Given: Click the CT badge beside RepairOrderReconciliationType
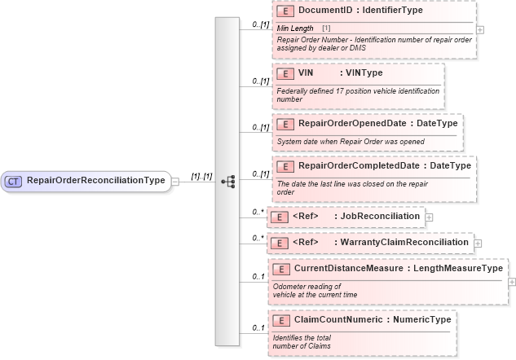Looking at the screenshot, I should (x=14, y=181).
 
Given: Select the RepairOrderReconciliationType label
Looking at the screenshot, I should (x=95, y=181).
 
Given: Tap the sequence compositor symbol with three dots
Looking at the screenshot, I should (x=228, y=181).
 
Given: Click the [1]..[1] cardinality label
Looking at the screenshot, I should (x=201, y=176).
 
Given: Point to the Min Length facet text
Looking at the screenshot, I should (x=295, y=29).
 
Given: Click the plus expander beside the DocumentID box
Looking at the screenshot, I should (x=480, y=29).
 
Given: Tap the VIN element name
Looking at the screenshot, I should (x=307, y=73).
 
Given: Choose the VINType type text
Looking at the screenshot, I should (x=364, y=73).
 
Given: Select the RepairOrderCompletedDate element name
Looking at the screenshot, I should (x=359, y=166).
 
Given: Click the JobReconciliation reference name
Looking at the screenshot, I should (x=381, y=217).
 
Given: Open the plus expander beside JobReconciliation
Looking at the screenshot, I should (x=430, y=217).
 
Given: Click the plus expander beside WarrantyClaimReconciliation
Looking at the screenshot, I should (x=479, y=243).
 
